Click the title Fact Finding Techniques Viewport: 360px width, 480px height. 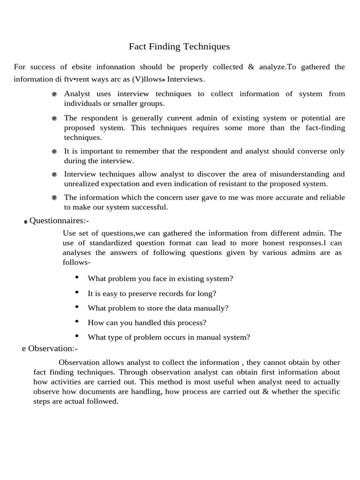pyautogui.click(x=180, y=46)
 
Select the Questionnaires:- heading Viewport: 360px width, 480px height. pyautogui.click(x=59, y=220)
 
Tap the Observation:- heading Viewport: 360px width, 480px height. pyautogui.click(x=52, y=348)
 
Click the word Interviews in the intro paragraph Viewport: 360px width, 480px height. pyautogui.click(x=185, y=79)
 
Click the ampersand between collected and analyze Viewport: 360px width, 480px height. pyautogui.click(x=251, y=67)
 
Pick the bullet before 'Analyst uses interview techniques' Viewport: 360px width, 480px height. pyautogui.click(x=54, y=94)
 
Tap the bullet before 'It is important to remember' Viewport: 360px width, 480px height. pyautogui.click(x=54, y=151)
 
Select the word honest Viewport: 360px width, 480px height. pyautogui.click(x=277, y=243)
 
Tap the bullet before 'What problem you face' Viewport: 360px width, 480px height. pyautogui.click(x=77, y=277)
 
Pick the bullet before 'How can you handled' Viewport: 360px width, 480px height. pyautogui.click(x=77, y=322)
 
